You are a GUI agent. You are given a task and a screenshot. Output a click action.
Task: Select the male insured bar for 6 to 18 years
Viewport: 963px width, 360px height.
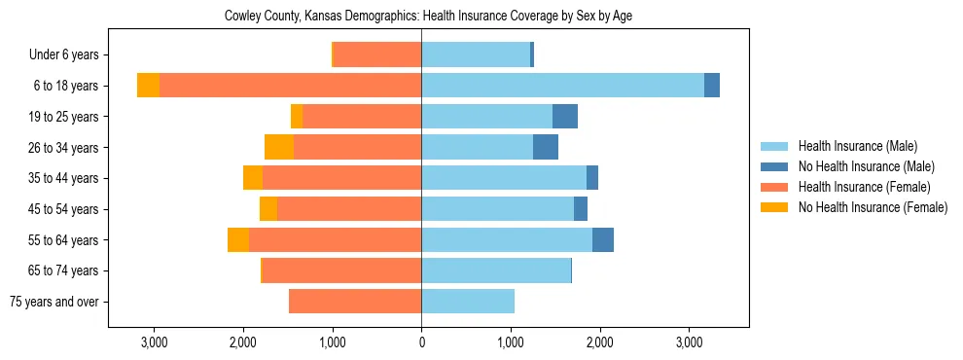pyautogui.click(x=562, y=86)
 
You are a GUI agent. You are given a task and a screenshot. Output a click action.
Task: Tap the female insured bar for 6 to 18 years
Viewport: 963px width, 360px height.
pyautogui.click(x=290, y=86)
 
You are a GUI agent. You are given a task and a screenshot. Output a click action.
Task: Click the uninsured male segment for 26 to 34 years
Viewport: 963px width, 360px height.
pyautogui.click(x=546, y=147)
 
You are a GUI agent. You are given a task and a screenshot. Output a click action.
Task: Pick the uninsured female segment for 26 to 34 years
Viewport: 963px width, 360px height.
pyautogui.click(x=279, y=147)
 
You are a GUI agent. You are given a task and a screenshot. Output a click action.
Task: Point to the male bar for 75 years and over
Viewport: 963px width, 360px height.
pyautogui.click(x=468, y=302)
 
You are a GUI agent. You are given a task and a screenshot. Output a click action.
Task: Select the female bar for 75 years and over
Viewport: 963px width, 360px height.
pyautogui.click(x=355, y=302)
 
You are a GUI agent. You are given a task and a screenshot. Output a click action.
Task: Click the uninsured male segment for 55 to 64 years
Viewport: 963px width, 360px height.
pyautogui.click(x=603, y=239)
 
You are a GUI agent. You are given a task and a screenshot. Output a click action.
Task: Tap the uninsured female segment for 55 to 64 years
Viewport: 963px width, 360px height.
pyautogui.click(x=238, y=239)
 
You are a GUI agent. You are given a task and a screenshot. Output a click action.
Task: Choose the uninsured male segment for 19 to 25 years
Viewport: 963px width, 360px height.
pyautogui.click(x=565, y=117)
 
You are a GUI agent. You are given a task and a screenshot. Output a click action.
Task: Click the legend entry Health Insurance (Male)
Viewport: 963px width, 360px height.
pyautogui.click(x=857, y=146)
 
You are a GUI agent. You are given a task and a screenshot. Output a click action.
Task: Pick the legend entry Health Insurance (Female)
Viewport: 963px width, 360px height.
pyautogui.click(x=864, y=187)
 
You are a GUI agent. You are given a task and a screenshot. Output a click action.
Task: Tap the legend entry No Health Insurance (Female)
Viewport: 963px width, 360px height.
pyautogui.click(x=873, y=207)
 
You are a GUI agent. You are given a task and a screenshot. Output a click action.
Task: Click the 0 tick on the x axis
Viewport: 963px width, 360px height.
pyautogui.click(x=421, y=343)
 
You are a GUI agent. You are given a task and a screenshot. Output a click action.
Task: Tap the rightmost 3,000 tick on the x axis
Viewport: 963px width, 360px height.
pyautogui.click(x=689, y=343)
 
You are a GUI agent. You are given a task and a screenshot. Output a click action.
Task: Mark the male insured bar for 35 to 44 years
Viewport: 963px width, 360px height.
pyautogui.click(x=504, y=178)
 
